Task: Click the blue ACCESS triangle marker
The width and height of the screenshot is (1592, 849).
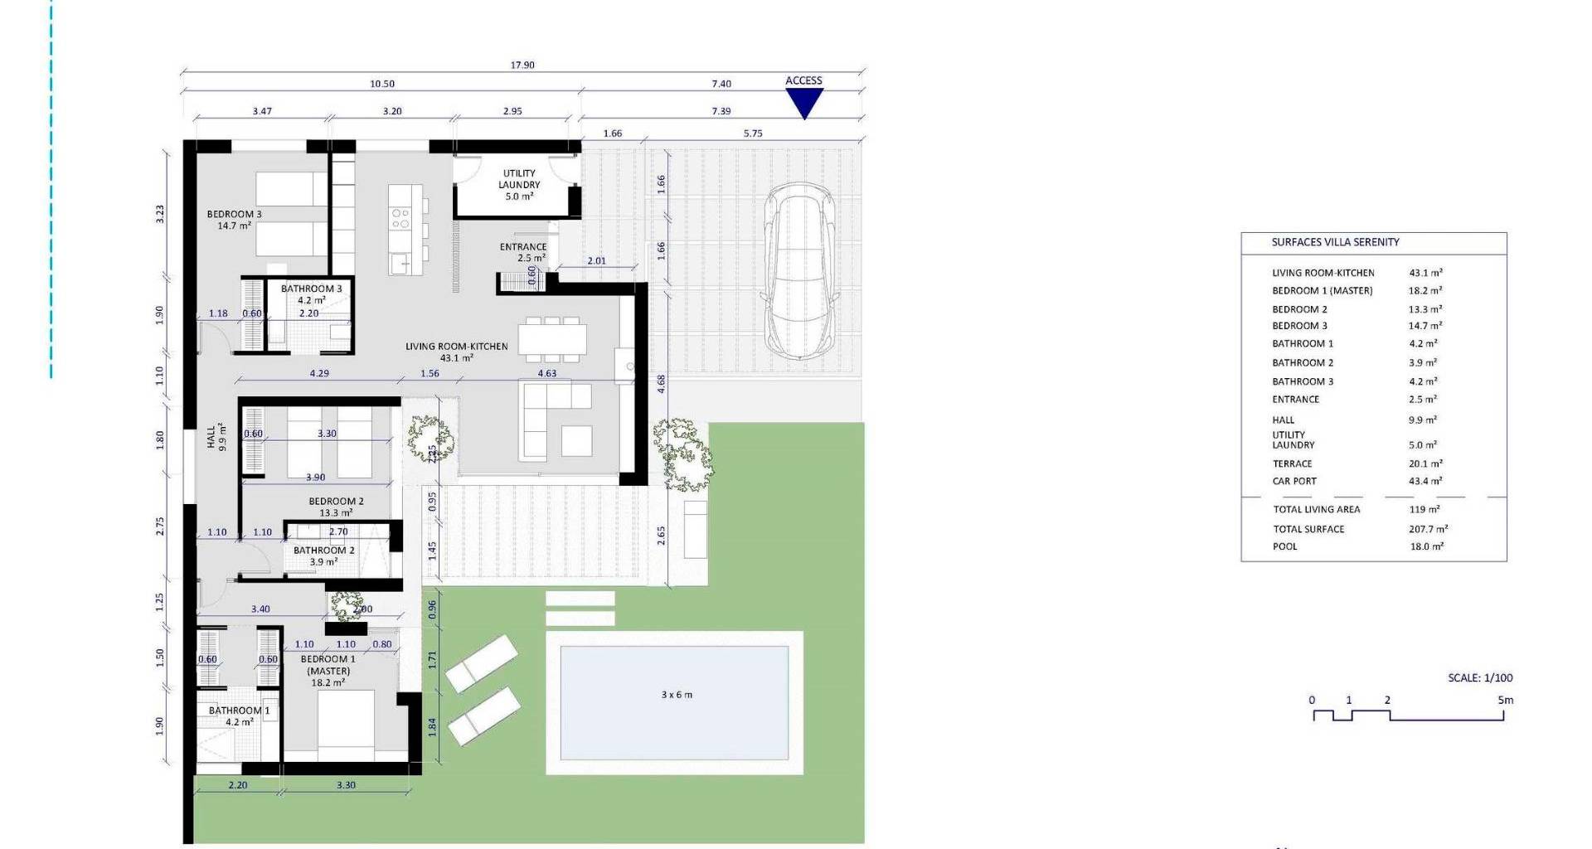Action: point(803,103)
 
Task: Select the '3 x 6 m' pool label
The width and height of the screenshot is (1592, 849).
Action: point(677,695)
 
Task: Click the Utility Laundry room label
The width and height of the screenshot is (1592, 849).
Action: point(520,185)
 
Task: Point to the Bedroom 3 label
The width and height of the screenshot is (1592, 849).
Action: point(234,220)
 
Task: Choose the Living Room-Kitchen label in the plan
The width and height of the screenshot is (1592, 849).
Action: point(456,352)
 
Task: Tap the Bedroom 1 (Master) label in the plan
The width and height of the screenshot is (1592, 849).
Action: point(328,671)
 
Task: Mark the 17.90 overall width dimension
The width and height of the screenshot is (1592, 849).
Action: point(522,65)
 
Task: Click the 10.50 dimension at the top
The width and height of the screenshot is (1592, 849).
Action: point(381,84)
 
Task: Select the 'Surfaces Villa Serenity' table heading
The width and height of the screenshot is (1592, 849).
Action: point(1335,242)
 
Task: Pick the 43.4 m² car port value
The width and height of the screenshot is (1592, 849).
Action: point(1425,481)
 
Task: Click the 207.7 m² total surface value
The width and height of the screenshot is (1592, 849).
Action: point(1428,529)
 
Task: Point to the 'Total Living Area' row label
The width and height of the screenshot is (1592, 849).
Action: point(1317,510)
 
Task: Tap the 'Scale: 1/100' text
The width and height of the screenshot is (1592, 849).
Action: point(1480,678)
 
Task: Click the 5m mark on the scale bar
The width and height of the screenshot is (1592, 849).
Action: point(1505,701)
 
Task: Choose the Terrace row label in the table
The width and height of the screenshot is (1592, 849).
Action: point(1292,464)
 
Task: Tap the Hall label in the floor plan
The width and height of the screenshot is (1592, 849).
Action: point(216,437)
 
